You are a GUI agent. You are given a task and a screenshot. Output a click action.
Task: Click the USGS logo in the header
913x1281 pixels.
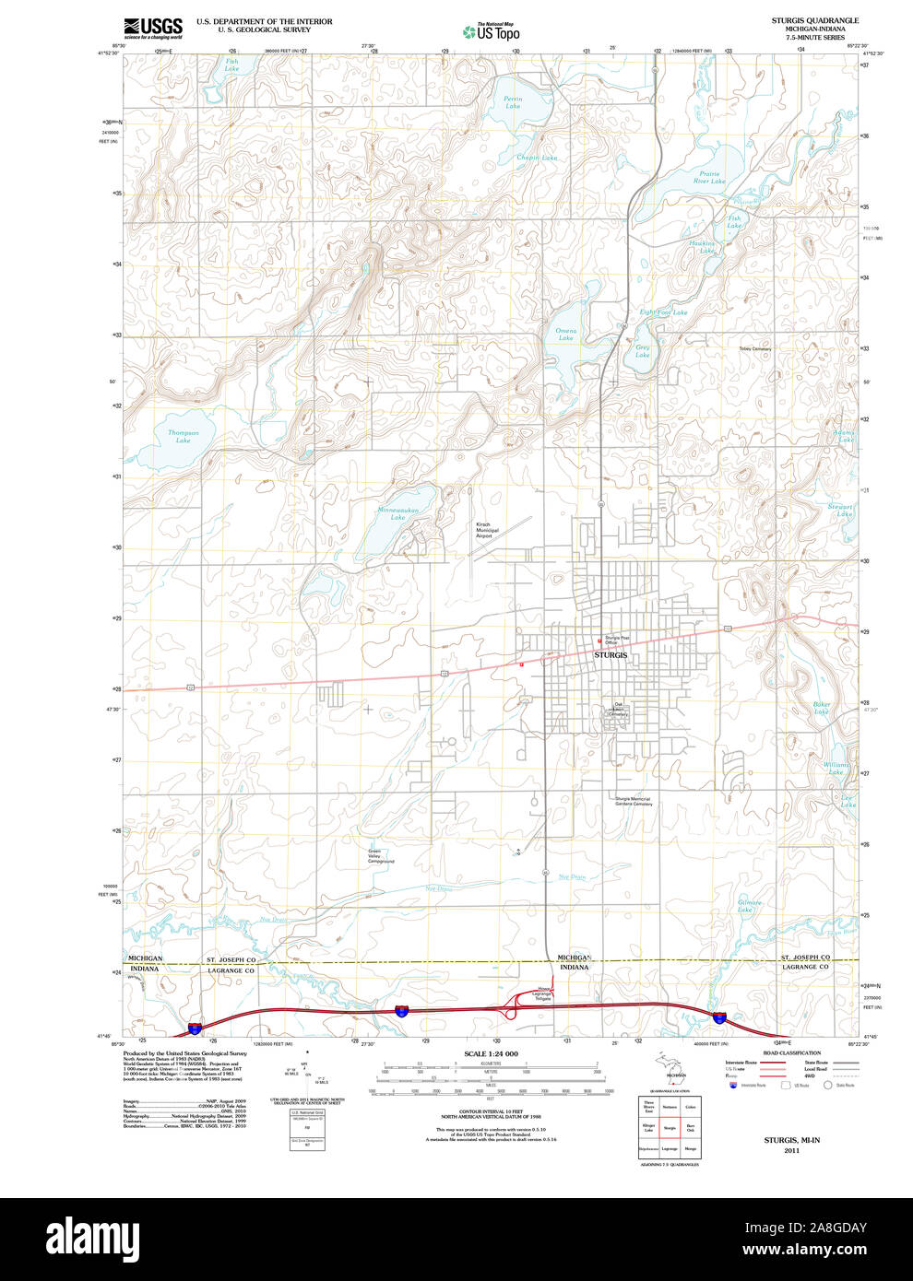tap(153, 27)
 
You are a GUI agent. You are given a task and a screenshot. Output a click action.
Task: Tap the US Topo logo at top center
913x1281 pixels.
tap(492, 31)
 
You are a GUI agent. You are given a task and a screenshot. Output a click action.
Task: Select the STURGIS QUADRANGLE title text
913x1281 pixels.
tap(814, 20)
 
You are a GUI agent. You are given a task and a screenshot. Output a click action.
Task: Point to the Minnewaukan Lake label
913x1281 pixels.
tap(397, 513)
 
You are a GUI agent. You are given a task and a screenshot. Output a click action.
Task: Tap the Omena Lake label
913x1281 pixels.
tap(565, 334)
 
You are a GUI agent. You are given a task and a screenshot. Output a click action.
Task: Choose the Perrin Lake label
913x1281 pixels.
tap(513, 102)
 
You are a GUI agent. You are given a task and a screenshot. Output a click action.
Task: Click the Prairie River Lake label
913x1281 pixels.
tap(709, 177)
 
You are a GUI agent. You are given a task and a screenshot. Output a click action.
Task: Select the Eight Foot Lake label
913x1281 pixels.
tap(664, 312)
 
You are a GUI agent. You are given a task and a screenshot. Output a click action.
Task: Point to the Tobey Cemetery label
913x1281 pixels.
tap(754, 349)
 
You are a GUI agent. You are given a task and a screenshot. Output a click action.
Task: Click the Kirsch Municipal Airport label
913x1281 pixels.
tap(487, 530)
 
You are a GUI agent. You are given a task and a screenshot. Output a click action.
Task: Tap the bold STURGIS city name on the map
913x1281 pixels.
tap(611, 654)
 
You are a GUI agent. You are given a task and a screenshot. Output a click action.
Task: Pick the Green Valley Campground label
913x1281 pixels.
tap(381, 856)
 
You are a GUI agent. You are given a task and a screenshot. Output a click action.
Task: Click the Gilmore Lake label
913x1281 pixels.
tap(749, 906)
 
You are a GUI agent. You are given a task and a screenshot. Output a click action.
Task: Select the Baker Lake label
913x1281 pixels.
tap(821, 708)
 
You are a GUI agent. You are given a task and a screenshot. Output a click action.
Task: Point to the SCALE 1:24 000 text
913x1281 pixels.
tap(491, 1053)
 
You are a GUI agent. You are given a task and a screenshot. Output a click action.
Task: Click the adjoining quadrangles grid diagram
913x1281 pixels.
tap(670, 1127)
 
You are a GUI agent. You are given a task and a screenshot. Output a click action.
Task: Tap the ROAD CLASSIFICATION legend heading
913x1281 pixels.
tap(791, 1052)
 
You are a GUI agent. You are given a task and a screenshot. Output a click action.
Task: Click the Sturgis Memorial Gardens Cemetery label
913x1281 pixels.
tap(634, 802)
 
